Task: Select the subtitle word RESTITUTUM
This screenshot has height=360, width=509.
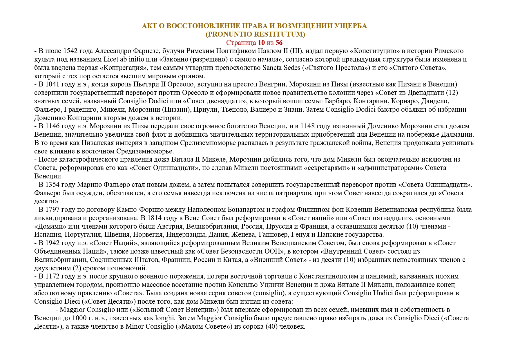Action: (x=278, y=34)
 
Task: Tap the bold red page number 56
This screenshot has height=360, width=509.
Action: (x=279, y=43)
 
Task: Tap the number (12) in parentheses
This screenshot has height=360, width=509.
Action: (x=452, y=93)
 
